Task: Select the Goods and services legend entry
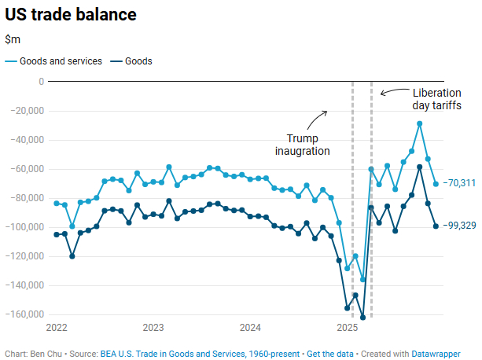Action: point(53,61)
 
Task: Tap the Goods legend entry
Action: point(131,61)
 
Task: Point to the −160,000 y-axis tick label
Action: point(24,314)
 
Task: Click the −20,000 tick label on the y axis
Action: point(26,111)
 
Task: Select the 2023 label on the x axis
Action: point(153,327)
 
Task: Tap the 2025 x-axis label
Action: point(346,327)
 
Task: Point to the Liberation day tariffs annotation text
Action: point(436,99)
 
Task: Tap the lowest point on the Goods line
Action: point(362,318)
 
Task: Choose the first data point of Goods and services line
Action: point(57,203)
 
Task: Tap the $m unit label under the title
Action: point(12,39)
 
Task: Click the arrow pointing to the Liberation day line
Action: point(385,93)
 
